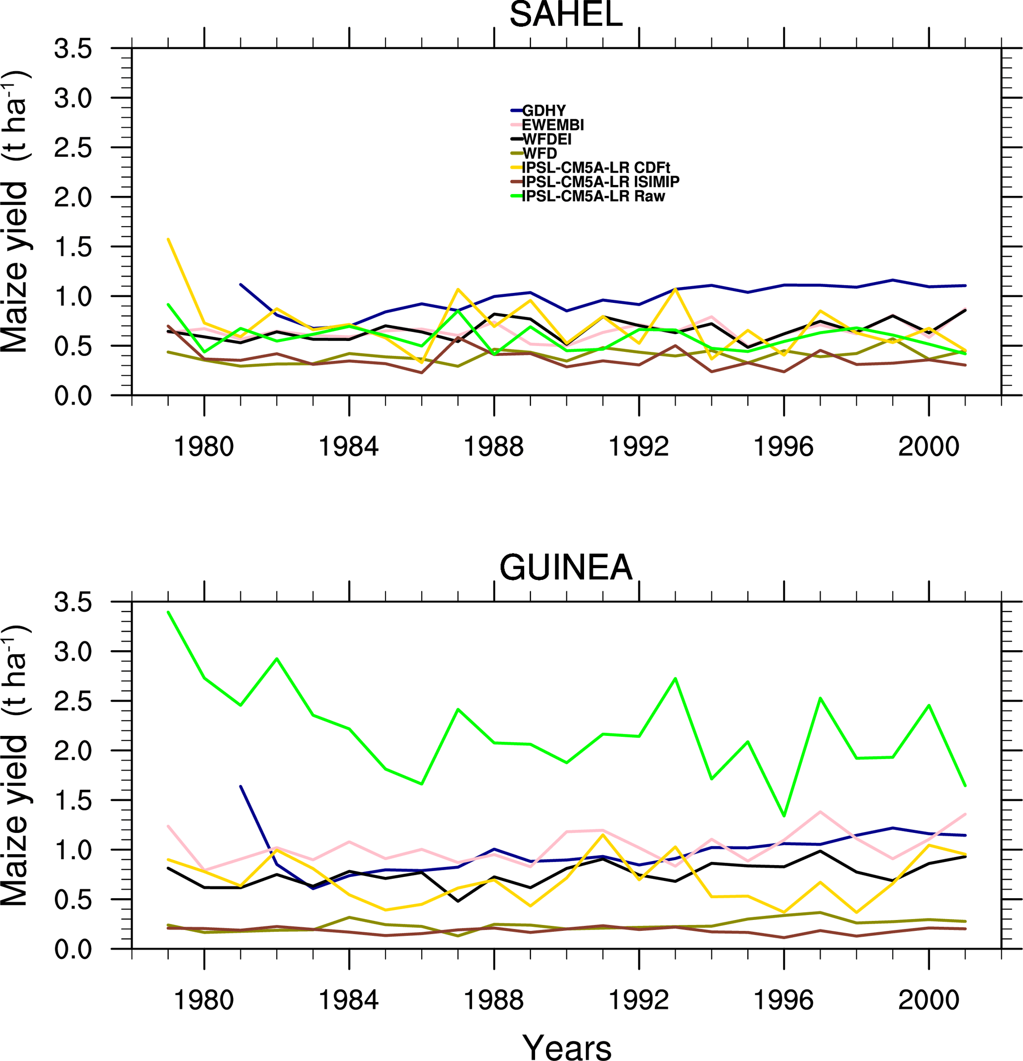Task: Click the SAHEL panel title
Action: click(x=566, y=15)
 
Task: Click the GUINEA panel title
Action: click(x=566, y=568)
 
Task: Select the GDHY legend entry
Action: click(x=543, y=111)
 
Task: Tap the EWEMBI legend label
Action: click(x=553, y=125)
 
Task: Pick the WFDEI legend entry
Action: click(x=547, y=139)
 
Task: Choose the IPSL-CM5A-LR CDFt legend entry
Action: click(x=596, y=168)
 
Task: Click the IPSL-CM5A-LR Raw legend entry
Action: click(x=593, y=196)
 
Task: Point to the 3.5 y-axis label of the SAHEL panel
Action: click(x=73, y=48)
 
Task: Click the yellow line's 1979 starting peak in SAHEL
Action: click(x=168, y=239)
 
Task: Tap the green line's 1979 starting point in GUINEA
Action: click(x=168, y=612)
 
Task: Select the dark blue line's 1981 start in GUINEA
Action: click(x=241, y=786)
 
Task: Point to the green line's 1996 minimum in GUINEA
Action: click(x=784, y=816)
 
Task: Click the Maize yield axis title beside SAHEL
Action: click(x=15, y=211)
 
